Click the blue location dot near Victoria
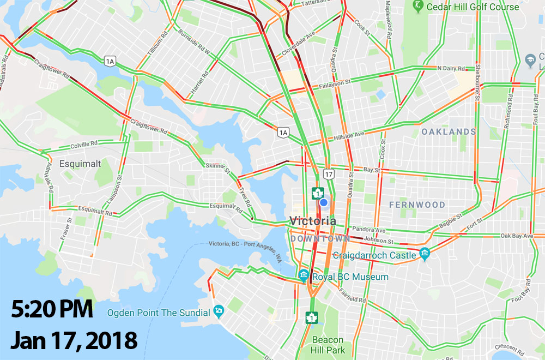click(323, 203)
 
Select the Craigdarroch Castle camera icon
click(425, 254)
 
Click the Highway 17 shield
click(328, 174)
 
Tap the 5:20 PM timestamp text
click(51, 310)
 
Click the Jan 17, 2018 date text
click(73, 340)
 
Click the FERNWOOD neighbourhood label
click(417, 205)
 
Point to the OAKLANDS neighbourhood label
click(448, 131)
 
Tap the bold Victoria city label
click(313, 221)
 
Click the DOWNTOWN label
click(320, 239)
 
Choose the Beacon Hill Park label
click(328, 345)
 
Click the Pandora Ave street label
click(369, 229)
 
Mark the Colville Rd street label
click(83, 147)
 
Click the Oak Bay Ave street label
click(516, 236)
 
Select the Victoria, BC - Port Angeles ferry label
click(247, 249)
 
